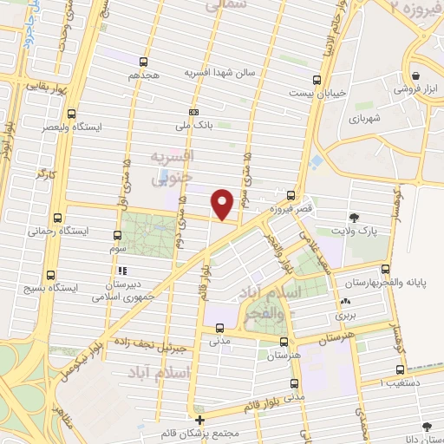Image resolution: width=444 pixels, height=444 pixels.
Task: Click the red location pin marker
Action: [x=223, y=204]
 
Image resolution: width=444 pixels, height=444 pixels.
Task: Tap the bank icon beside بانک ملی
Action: [x=194, y=112]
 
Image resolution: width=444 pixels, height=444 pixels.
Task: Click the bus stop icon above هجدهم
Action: [x=143, y=61]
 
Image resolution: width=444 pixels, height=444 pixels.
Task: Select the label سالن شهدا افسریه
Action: [x=215, y=74]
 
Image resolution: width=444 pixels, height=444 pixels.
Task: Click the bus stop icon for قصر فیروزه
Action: [x=291, y=195]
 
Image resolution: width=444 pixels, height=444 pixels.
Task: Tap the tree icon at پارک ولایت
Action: [x=355, y=217]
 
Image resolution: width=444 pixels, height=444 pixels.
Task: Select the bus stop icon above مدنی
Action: [x=220, y=328]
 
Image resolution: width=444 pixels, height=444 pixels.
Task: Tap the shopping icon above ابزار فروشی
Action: [x=419, y=75]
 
